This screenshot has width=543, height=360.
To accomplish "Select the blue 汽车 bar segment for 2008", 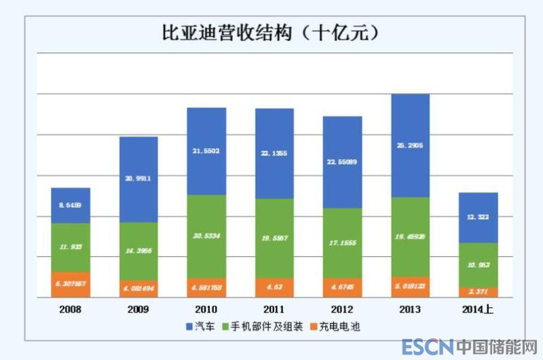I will point(71,205).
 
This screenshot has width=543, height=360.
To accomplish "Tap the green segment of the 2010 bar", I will point(206,236).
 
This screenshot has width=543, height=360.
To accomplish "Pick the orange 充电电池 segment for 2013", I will point(411,286).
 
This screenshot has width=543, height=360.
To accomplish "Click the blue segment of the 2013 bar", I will point(411,145).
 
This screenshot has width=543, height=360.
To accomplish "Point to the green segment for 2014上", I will point(479,265).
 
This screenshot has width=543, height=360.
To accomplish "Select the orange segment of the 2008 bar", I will point(71,285).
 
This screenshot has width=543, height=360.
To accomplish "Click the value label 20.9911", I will point(138,178).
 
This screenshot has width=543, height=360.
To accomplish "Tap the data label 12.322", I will point(479,217).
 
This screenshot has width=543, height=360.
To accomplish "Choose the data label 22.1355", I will point(274,154).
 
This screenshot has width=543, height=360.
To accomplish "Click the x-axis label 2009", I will point(138,309).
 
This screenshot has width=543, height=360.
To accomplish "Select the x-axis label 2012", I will point(343,309).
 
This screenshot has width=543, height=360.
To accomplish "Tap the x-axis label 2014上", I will point(479,309).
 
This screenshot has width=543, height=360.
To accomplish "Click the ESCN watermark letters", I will point(426,347).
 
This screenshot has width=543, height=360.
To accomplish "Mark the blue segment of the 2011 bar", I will point(274,154).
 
